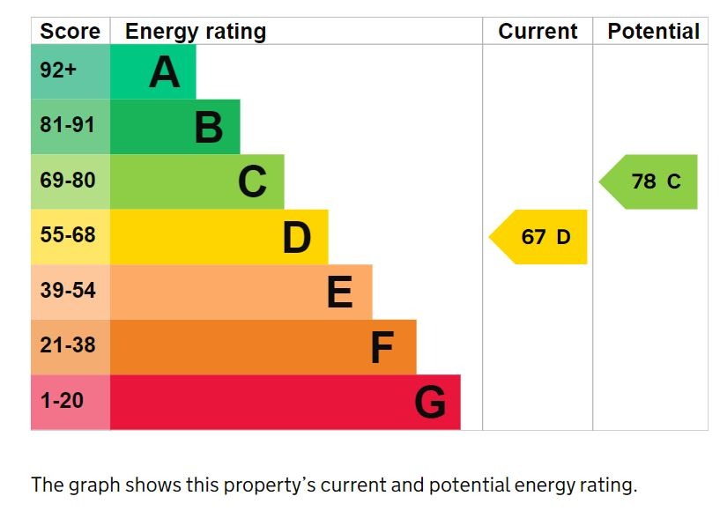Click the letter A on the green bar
coord(165,72)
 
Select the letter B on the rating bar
coord(209,127)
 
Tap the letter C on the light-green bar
coord(252,182)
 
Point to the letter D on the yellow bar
coord(297,238)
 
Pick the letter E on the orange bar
coord(340,293)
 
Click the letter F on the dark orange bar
coord(382,348)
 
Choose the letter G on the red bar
coord(430,403)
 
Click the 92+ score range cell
coord(59,70)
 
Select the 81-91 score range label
coord(67,125)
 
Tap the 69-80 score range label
coord(67,181)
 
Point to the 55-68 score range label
coord(67,235)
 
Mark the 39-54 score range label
coord(67,290)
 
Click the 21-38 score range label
coord(67,345)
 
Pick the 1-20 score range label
coord(62,400)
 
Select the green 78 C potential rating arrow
coord(651,181)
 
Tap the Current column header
coord(538,32)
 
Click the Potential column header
coord(653,32)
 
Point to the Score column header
coord(71,32)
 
